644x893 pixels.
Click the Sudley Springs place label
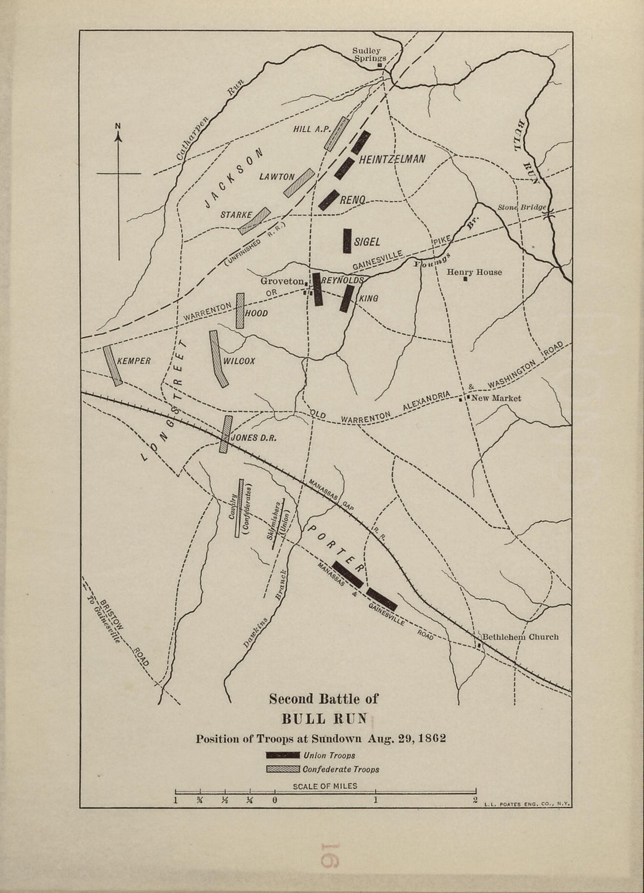369,54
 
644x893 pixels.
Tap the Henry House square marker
465,279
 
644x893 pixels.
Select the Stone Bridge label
522,207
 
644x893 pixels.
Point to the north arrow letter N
118,125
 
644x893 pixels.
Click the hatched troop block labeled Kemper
112,365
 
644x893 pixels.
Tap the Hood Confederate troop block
240,310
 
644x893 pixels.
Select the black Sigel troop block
347,240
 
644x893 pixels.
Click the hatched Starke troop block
255,220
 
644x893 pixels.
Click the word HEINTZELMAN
392,159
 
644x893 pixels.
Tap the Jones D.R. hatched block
226,434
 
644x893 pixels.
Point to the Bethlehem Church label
520,637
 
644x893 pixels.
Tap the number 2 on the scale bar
475,800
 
